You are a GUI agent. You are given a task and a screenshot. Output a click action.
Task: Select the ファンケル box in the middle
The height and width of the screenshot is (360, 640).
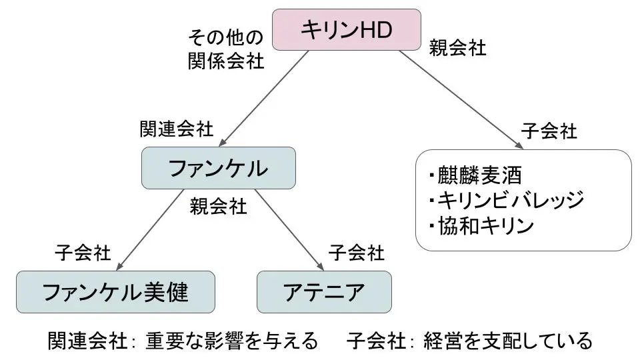218,168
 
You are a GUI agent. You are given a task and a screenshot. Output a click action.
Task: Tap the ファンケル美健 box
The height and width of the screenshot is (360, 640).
115,292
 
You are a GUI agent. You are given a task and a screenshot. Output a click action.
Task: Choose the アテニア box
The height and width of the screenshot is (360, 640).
324,292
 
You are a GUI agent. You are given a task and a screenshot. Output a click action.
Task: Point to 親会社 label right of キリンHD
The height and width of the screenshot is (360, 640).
457,49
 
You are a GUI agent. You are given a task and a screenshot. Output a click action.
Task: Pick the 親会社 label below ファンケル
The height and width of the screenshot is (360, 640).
218,206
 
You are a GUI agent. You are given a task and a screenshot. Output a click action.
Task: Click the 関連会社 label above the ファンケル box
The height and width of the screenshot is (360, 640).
176,129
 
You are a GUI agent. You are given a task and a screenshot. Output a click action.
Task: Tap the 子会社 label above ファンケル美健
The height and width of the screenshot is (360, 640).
83,253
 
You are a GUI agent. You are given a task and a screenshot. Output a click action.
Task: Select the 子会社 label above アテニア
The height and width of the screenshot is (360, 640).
356,253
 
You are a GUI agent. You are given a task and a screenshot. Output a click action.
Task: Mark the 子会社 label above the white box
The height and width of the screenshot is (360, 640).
548,131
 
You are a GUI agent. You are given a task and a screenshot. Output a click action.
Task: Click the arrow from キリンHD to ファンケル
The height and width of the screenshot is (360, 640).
265,99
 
